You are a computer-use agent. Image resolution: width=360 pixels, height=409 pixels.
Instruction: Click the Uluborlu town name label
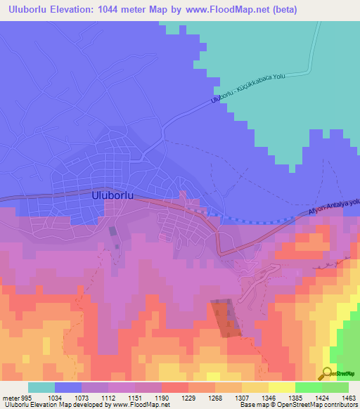pyautogui.click(x=113, y=197)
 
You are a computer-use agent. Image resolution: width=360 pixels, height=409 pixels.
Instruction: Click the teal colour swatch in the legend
pyautogui.click(x=41, y=387)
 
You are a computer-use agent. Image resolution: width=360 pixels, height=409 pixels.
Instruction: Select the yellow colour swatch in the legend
pyautogui.click(x=281, y=387)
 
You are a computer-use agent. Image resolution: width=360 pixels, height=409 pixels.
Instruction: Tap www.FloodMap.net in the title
pyautogui.click(x=220, y=10)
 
